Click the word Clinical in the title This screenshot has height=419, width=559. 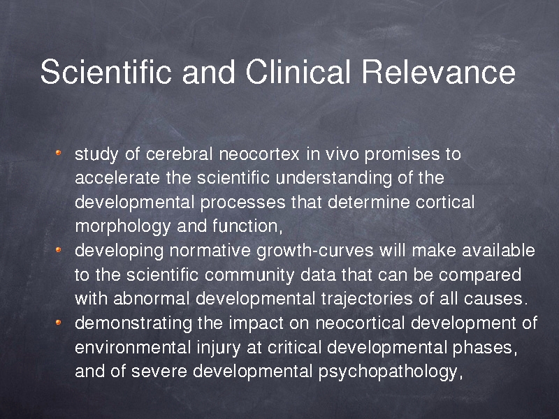298,71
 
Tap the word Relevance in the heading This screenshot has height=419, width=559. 439,71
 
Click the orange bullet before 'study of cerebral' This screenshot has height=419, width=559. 59,153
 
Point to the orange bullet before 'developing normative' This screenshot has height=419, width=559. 59,250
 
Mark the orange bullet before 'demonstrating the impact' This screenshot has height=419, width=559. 59,323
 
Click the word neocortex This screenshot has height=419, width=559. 259,154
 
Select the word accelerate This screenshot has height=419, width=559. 117,178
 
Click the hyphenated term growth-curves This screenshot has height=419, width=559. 315,251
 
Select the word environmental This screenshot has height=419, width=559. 133,347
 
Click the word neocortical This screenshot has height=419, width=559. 360,323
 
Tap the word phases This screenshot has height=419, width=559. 483,348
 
